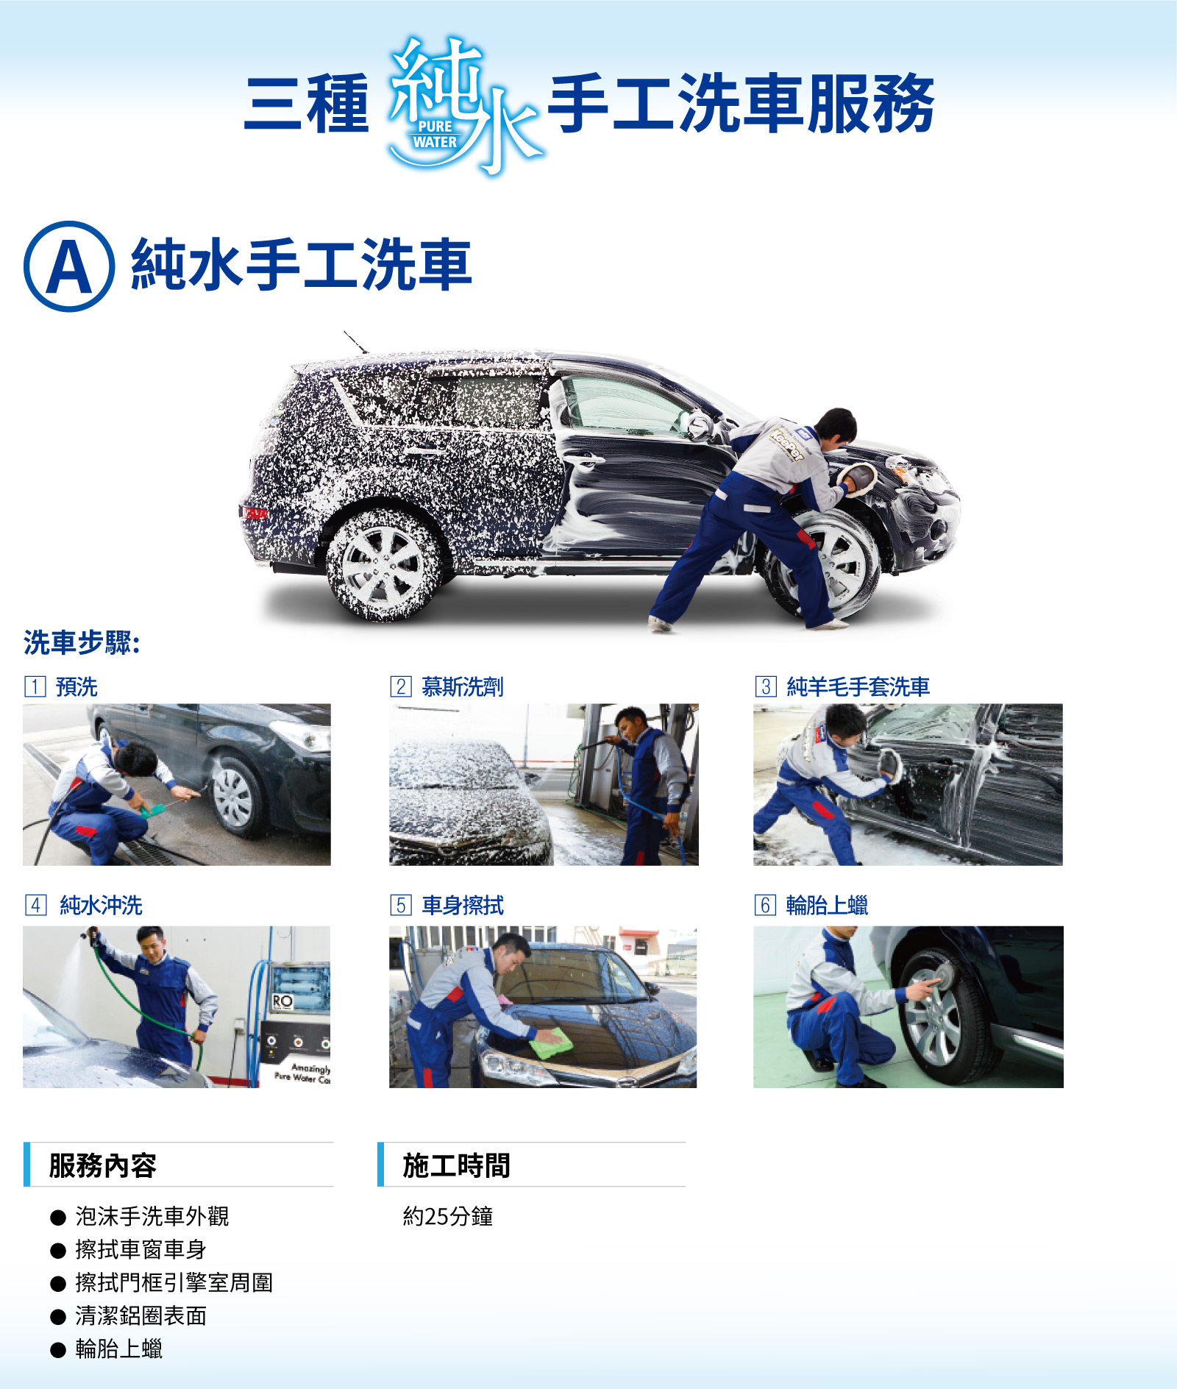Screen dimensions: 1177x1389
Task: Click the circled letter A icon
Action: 69,266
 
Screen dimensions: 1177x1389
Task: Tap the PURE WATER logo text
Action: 435,135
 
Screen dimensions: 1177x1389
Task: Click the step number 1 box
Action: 35,686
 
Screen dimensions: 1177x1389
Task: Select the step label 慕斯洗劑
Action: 463,686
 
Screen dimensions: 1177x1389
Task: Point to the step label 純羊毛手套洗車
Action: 858,686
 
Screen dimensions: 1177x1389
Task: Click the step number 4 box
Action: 35,905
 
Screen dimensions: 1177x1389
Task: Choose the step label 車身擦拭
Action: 463,905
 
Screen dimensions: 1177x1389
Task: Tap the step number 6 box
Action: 765,905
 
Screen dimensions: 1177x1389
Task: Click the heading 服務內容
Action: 103,1165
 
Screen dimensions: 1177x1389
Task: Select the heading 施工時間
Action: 456,1165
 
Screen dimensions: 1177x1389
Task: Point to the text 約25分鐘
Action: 448,1217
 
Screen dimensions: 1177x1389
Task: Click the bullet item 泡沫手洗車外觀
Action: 152,1217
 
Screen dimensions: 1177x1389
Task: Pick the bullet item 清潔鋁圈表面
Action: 141,1316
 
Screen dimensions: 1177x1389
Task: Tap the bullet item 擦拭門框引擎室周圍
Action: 174,1283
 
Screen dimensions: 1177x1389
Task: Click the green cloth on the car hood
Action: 551,1043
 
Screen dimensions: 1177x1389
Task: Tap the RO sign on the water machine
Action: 282,1001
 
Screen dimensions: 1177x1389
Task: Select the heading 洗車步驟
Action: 82,643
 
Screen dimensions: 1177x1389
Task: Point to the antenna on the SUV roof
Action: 356,342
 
